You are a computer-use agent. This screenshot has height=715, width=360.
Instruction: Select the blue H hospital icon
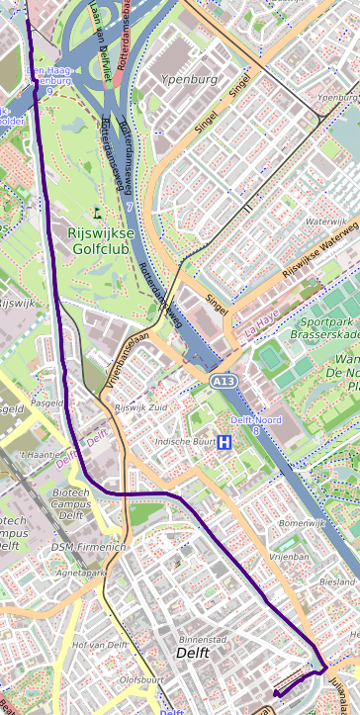(x=225, y=442)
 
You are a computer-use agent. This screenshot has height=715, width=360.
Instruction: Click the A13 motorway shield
(x=223, y=380)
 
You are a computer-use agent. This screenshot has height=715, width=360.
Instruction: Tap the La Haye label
(x=263, y=320)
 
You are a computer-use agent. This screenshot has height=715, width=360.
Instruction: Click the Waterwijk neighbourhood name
(x=328, y=223)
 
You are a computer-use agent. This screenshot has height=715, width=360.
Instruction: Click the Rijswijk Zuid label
(x=143, y=407)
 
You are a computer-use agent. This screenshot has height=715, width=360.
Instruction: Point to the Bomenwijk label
(x=302, y=522)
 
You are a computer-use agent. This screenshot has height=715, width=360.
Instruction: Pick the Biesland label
(x=337, y=582)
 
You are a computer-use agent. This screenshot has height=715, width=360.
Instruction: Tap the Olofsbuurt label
(x=140, y=679)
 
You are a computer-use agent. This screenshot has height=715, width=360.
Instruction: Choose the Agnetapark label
(x=81, y=573)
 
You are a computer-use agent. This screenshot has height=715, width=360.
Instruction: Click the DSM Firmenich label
(x=88, y=547)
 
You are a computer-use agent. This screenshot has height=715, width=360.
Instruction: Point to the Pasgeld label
(x=47, y=403)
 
